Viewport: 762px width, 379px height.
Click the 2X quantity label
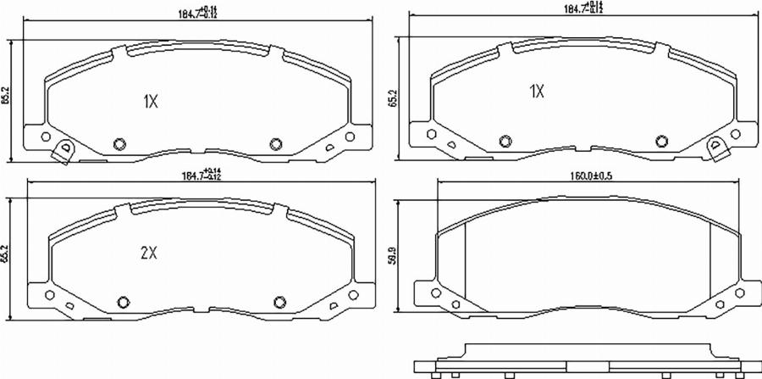pos(150,252)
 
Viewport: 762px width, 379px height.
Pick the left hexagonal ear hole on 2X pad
pos(48,296)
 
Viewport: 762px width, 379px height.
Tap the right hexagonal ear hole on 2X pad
pos(355,296)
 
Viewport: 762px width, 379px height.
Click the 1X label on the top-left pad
pos(150,102)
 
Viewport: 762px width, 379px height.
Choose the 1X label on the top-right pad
pos(536,91)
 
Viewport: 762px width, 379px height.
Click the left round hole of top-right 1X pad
pos(505,139)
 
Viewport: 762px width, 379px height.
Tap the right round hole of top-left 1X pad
pos(275,142)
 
